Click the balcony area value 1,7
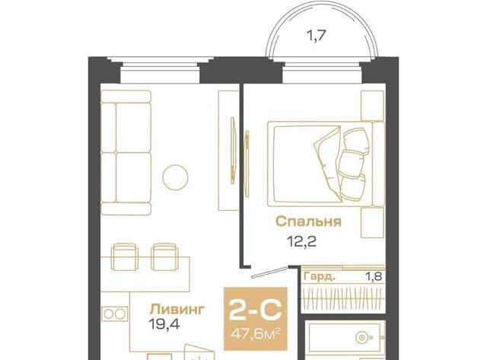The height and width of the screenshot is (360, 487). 316,36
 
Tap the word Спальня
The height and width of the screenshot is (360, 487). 308,221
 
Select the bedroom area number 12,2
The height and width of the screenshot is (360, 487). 301,241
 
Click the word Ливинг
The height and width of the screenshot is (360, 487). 177,309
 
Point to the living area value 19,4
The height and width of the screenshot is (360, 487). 164,325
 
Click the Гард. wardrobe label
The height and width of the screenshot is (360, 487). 320,276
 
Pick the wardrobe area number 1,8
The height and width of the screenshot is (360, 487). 374,276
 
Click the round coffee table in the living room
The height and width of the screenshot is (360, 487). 175,177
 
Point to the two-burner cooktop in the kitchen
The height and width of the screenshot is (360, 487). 114,314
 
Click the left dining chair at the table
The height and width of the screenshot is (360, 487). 124,256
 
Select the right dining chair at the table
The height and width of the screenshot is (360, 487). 164,256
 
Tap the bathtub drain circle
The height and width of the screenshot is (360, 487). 361,337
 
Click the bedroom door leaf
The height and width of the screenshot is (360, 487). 269,272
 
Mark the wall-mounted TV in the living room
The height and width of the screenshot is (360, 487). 232,151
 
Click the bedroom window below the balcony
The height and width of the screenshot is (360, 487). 322,73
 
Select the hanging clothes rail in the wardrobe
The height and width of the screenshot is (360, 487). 343,297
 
